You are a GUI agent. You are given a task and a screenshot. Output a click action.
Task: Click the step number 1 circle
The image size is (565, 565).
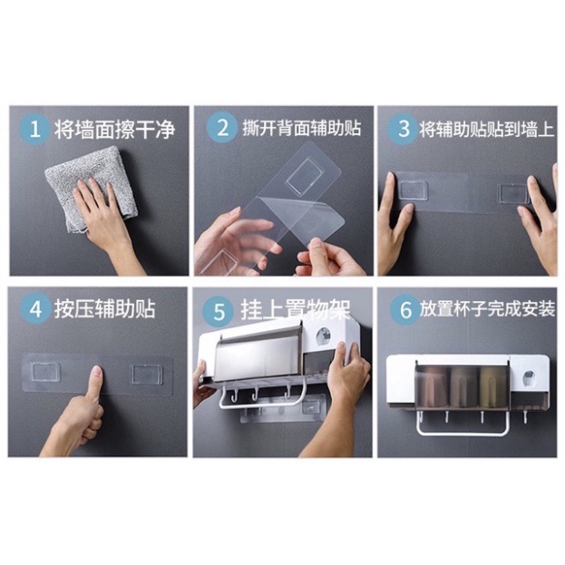click(x=34, y=129)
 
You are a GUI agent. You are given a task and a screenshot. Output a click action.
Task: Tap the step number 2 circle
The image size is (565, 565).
click(x=222, y=127)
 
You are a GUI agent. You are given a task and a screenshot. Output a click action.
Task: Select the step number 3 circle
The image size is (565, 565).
click(x=404, y=129)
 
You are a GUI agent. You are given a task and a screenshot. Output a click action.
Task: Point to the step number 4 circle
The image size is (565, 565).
click(x=35, y=309)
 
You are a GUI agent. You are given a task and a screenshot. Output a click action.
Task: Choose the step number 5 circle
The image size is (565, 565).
click(x=219, y=311)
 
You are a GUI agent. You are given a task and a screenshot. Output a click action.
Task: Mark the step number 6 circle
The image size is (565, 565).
click(x=405, y=309)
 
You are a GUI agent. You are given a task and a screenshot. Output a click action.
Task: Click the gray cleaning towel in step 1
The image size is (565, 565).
click(x=90, y=188)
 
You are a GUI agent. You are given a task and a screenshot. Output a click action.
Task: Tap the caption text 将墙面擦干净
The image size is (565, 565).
click(x=114, y=130)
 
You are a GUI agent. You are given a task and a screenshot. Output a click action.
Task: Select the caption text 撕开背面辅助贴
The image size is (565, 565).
click(x=302, y=128)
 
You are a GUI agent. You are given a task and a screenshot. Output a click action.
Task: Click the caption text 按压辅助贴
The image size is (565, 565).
click(x=105, y=309)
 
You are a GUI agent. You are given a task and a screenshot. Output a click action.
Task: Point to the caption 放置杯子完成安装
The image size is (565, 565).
click(x=487, y=309)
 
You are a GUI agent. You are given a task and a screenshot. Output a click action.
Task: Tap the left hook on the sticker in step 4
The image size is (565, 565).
click(x=45, y=372)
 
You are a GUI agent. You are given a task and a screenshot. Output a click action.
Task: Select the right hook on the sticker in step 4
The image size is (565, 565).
click(x=146, y=374)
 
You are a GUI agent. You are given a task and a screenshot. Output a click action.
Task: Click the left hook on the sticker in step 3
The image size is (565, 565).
click(x=413, y=190)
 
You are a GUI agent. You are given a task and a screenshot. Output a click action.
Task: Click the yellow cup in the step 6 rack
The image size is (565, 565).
click(x=491, y=386)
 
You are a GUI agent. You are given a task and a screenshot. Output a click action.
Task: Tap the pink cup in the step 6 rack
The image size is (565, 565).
click(x=431, y=386)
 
